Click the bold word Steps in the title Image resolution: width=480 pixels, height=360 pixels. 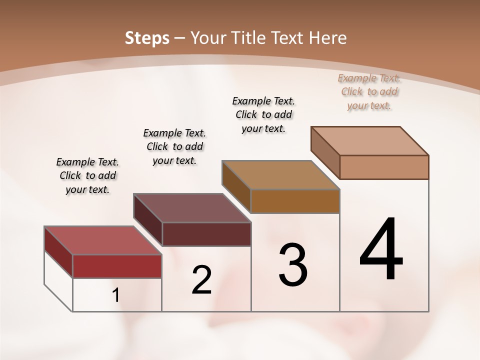tap(147, 38)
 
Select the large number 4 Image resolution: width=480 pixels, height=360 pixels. tap(381, 250)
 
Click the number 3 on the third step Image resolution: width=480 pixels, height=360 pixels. tap(293, 265)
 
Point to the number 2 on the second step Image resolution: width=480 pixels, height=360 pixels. tap(201, 280)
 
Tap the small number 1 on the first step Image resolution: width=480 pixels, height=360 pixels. tap(115, 295)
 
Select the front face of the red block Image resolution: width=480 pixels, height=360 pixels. tap(117, 266)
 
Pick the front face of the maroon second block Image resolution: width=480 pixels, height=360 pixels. tap(206, 234)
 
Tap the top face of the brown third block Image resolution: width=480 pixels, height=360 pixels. tap(280, 175)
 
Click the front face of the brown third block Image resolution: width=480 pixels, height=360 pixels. tap(295, 201)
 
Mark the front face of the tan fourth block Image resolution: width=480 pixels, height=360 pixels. tap(384, 167)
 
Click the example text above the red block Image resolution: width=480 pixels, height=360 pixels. tap(87, 175)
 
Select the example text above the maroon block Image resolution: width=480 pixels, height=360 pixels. tap(174, 146)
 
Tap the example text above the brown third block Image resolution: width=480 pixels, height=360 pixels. tap(263, 114)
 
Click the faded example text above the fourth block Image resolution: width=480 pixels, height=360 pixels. tap(369, 91)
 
